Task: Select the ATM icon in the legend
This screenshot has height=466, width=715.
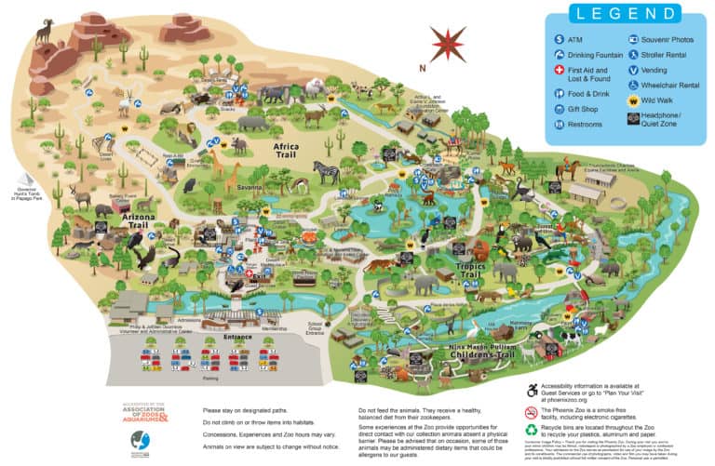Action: coord(557,40)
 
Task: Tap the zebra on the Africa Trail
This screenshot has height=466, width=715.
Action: coord(325,172)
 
